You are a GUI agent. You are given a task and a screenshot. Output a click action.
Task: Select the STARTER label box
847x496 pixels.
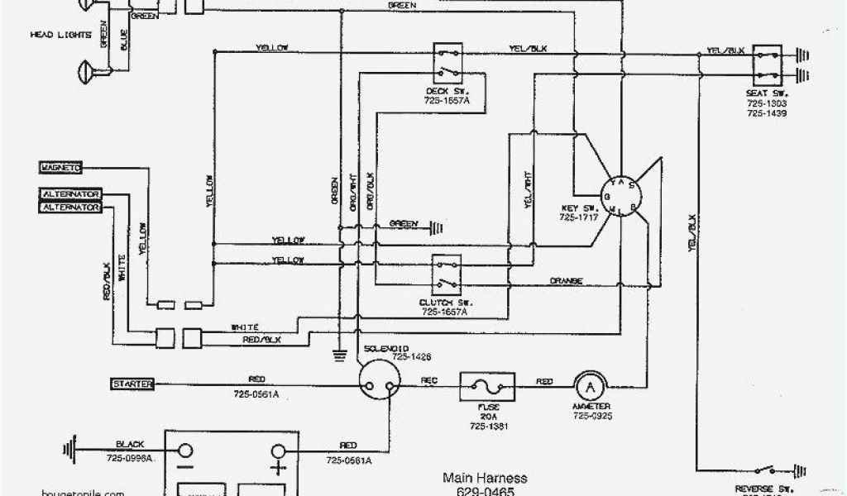click(x=127, y=383)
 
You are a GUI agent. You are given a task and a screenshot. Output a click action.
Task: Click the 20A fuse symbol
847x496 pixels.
click(x=486, y=384)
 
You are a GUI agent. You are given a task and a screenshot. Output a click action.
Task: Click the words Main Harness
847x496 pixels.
click(x=484, y=478)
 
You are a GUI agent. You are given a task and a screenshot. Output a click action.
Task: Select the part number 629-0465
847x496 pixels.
click(x=484, y=491)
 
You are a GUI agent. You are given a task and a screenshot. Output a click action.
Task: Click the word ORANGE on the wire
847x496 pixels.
click(x=566, y=281)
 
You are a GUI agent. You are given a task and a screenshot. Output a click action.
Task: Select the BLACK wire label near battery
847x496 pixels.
click(x=131, y=444)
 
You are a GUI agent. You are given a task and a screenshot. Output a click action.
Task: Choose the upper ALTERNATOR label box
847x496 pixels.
click(x=70, y=193)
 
